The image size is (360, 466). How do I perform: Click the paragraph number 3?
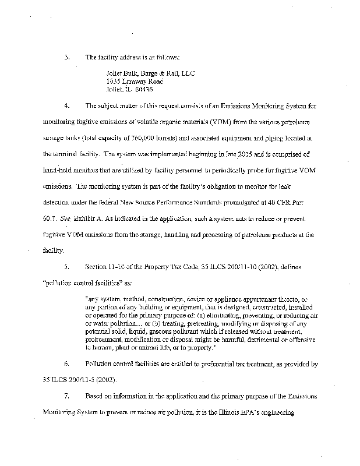coord(67,58)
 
